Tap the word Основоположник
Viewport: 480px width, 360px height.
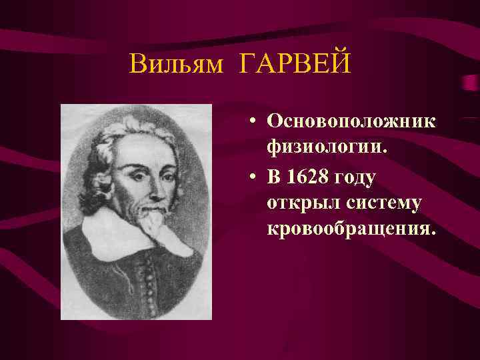click(x=351, y=121)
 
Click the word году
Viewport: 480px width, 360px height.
click(x=354, y=178)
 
